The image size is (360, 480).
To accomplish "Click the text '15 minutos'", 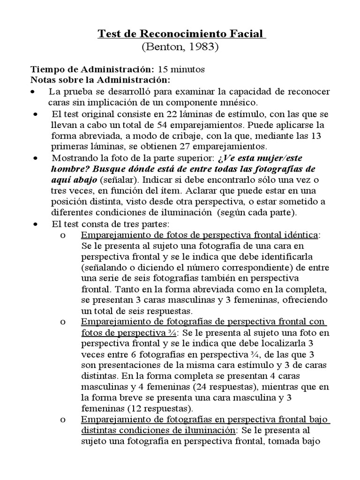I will point(181,69).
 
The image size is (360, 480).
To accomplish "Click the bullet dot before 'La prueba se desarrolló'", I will point(32,91).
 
